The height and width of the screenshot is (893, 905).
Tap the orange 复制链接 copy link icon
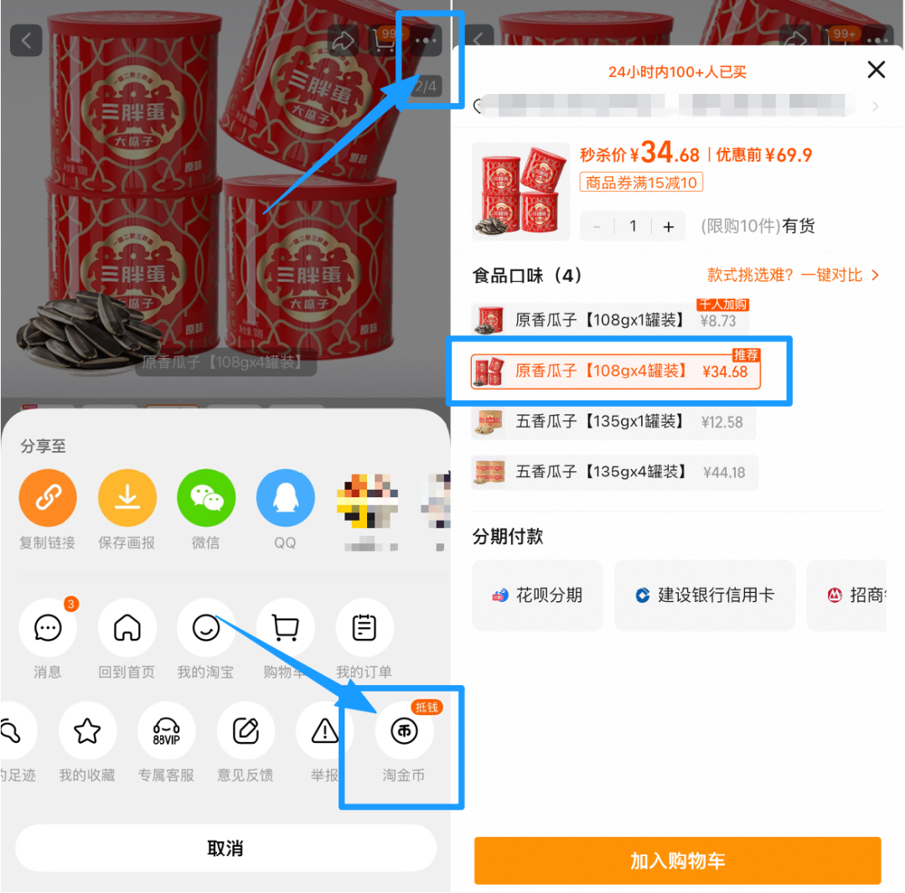(48, 498)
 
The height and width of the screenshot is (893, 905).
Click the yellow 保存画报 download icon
(127, 498)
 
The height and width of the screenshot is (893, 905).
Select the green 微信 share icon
(205, 498)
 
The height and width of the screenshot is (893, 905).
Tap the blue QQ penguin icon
(285, 498)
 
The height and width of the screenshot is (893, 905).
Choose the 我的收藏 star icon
(87, 731)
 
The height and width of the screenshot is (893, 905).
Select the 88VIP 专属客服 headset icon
(166, 731)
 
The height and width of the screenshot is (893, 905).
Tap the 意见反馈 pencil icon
(246, 731)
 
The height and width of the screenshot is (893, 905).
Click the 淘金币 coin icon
(404, 731)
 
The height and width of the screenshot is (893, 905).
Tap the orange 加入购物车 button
(677, 860)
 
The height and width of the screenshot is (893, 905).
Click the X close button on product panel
(876, 70)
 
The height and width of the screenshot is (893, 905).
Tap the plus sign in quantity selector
(668, 226)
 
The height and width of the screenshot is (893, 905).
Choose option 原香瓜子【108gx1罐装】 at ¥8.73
(610, 320)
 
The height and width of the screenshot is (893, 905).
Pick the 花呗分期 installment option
(537, 595)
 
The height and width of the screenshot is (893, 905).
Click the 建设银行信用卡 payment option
(704, 595)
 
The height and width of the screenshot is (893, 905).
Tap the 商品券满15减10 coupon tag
(641, 182)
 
